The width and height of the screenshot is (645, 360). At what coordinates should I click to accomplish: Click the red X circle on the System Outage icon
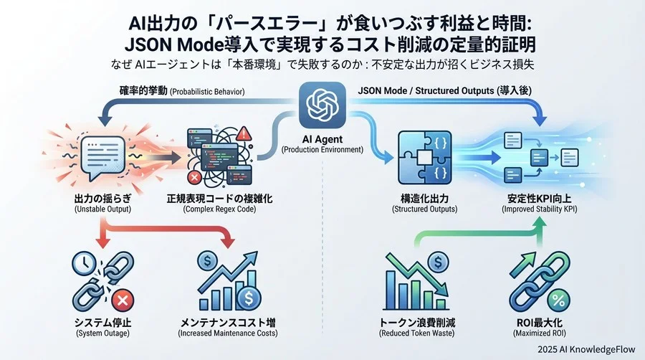pos(122,298)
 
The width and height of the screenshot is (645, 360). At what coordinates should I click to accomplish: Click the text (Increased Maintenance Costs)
pos(227,333)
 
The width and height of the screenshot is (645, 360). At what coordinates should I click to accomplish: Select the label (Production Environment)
pos(321,149)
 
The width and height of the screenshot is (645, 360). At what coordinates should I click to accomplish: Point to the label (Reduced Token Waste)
pos(417,333)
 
